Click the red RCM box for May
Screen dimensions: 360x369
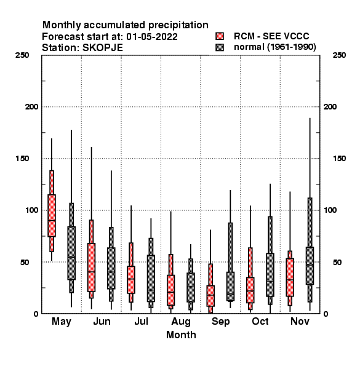(x=52, y=216)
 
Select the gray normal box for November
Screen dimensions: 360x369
(x=310, y=266)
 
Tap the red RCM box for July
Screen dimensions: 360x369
(x=131, y=280)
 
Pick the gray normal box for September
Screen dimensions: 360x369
(x=231, y=287)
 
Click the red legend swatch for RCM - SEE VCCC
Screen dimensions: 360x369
(x=220, y=36)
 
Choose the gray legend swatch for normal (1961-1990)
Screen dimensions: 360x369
(x=220, y=47)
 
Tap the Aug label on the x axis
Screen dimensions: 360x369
(x=181, y=322)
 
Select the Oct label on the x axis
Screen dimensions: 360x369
(x=260, y=321)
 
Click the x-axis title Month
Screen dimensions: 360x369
(x=181, y=335)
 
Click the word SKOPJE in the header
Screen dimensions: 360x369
(x=103, y=48)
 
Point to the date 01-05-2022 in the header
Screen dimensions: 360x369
(x=152, y=37)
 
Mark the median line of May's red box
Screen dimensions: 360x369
(x=52, y=221)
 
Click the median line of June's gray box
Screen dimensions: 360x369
(x=111, y=272)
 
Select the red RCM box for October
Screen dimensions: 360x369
(x=250, y=290)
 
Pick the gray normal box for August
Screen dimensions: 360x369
(x=191, y=287)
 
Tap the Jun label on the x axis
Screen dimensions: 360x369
(x=102, y=321)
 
